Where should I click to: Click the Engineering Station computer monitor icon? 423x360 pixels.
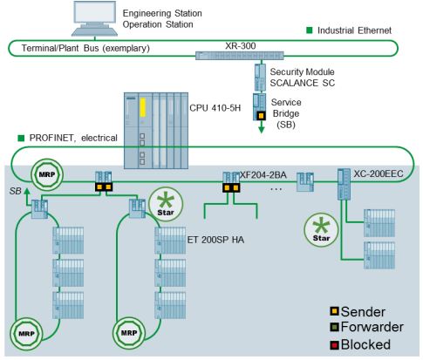pos(94,18)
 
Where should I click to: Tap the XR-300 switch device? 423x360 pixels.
pos(240,55)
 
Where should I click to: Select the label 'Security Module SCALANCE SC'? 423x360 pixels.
pos(303,78)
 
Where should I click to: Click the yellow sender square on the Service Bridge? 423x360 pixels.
pos(261,116)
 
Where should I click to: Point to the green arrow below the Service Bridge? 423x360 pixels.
pos(262,126)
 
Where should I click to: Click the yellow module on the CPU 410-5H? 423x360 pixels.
pos(143,107)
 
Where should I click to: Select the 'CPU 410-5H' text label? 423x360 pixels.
pos(215,108)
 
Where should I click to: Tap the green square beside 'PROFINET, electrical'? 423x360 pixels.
pos(21,138)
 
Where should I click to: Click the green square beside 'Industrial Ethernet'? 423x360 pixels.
pos(310,31)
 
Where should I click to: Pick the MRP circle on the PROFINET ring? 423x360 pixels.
pos(47,174)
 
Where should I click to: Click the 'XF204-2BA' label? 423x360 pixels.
pos(263,175)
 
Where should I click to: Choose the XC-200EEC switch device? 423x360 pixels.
pos(344,184)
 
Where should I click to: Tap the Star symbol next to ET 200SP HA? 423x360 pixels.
pos(166,204)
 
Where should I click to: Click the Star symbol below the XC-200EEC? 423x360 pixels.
pos(321,230)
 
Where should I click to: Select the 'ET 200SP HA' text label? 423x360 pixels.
pos(215,240)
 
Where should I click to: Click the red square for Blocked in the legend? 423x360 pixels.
pos(335,345)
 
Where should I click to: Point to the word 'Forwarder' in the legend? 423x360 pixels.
pos(372,327)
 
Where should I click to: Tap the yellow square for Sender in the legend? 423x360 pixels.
pos(335,311)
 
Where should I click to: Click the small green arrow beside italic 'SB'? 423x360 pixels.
pos(27,196)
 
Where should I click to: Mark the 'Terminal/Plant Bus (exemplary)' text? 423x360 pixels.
pos(85,48)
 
